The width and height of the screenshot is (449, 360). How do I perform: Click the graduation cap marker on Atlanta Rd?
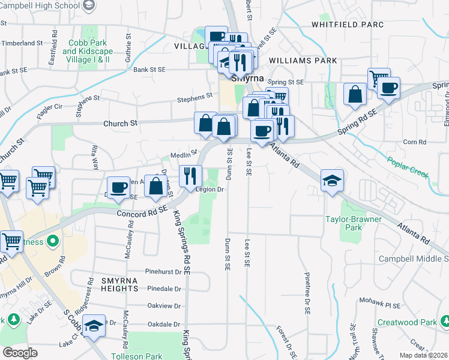[x=331, y=180]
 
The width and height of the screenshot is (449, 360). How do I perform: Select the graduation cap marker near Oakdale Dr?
[x=93, y=326]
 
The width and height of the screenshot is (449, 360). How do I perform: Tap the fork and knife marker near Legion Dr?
[x=190, y=175]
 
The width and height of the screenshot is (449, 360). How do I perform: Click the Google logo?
[x=20, y=352]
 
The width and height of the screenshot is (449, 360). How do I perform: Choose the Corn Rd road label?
[x=414, y=142]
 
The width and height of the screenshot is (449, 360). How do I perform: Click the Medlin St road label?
[x=184, y=154]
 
